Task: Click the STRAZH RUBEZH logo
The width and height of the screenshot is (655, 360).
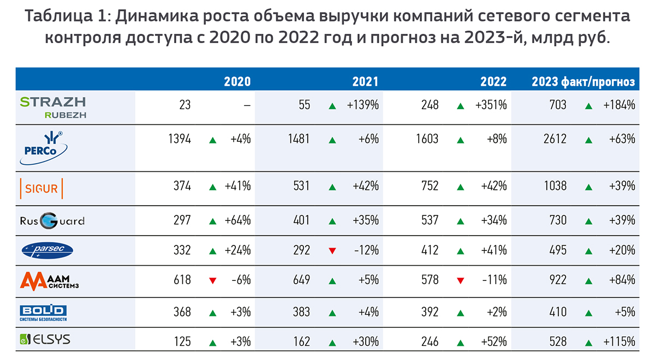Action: coord(53,107)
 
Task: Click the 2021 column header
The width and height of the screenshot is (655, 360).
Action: coord(365,82)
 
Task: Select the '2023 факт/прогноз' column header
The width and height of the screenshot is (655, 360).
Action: coord(583,82)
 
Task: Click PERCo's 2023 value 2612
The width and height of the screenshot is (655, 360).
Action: coord(555,139)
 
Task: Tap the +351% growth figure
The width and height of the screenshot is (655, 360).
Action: coord(493,105)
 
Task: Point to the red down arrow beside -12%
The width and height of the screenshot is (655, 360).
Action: coord(332,251)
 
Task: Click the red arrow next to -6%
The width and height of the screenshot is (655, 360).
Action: coord(213,281)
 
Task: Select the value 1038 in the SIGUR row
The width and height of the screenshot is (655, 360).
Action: coord(555,187)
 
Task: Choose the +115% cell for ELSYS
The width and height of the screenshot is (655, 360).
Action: coord(620,342)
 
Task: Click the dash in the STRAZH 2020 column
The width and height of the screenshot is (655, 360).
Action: coord(247,105)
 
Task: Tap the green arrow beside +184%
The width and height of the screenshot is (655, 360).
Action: coord(588,105)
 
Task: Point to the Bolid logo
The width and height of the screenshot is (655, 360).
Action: coord(43,311)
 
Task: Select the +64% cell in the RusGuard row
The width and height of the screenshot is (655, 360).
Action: coord(237,220)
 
